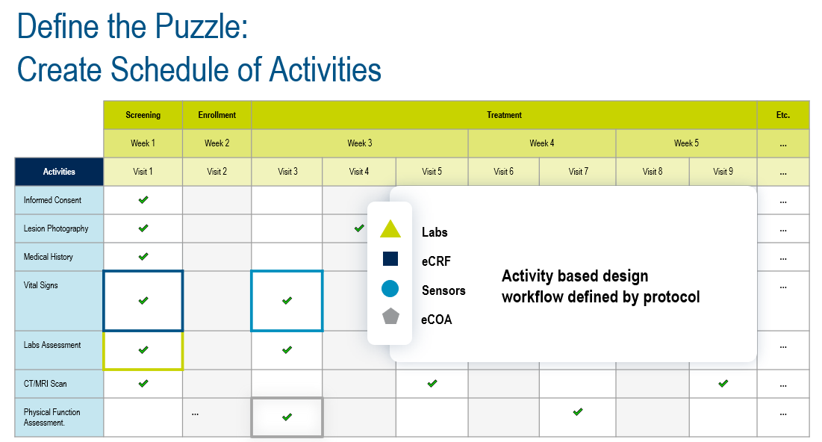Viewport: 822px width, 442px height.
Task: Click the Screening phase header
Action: pyautogui.click(x=143, y=115)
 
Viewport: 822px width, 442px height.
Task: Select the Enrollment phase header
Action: pyautogui.click(x=217, y=115)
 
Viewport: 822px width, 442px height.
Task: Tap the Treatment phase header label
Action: pyautogui.click(x=504, y=115)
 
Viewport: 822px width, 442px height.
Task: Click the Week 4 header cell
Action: pyautogui.click(x=541, y=143)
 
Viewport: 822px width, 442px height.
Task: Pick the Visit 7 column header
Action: pyautogui.click(x=578, y=172)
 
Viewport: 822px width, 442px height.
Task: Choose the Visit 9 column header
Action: pyautogui.click(x=723, y=172)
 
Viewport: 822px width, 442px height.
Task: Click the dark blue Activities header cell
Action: pyautogui.click(x=59, y=172)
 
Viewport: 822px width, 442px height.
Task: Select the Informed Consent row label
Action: pyautogui.click(x=52, y=200)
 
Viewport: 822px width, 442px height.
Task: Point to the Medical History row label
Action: pyautogui.click(x=49, y=257)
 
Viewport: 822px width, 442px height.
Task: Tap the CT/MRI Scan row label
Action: pyautogui.click(x=45, y=384)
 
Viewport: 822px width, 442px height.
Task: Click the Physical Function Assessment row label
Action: pyautogui.click(x=52, y=417)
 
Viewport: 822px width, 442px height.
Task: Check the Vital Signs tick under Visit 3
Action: pyautogui.click(x=287, y=300)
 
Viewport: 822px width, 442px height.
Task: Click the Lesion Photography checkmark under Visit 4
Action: pyautogui.click(x=359, y=228)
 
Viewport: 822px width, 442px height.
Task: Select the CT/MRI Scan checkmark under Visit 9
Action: pyautogui.click(x=723, y=383)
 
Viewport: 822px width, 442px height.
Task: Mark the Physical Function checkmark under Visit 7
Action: pyautogui.click(x=578, y=411)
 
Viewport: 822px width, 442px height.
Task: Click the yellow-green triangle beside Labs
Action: pyautogui.click(x=390, y=230)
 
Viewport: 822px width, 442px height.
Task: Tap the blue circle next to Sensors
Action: pyautogui.click(x=390, y=288)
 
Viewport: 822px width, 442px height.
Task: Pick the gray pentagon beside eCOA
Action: pyautogui.click(x=390, y=316)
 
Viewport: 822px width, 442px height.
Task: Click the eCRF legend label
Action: pyautogui.click(x=436, y=261)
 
